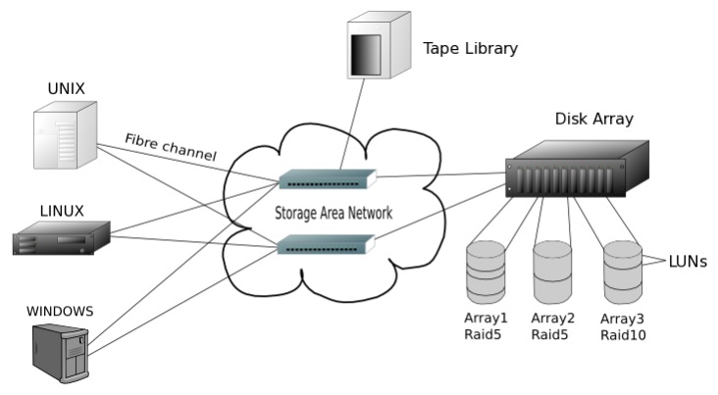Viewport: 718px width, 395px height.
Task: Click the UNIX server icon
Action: pyautogui.click(x=65, y=138)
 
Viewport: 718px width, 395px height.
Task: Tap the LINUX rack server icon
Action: pyautogui.click(x=61, y=239)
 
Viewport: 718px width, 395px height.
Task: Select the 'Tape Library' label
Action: pyautogui.click(x=470, y=48)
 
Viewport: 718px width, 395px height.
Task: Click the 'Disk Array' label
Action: pyautogui.click(x=593, y=120)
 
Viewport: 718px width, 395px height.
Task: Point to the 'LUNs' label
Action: pyautogui.click(x=688, y=262)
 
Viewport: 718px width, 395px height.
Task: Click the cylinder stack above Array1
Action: pyautogui.click(x=485, y=272)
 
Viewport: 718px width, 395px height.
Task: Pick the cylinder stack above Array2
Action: pyautogui.click(x=552, y=272)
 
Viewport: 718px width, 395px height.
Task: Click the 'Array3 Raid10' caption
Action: pyautogui.click(x=623, y=326)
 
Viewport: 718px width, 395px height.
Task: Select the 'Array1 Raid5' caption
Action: pyautogui.click(x=486, y=326)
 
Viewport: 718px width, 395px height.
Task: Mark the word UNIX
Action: pyautogui.click(x=67, y=88)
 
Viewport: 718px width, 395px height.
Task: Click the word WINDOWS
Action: pyautogui.click(x=60, y=312)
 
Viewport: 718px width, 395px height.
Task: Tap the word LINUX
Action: pyautogui.click(x=62, y=210)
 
